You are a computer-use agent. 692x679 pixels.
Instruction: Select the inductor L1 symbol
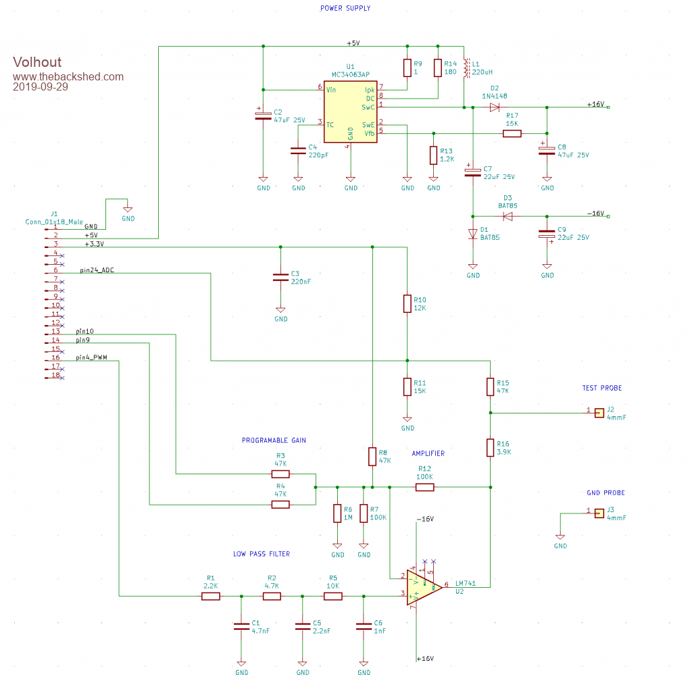(x=464, y=68)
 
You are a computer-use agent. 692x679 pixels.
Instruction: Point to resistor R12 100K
(x=424, y=486)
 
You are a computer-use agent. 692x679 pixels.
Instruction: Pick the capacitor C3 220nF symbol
(x=280, y=278)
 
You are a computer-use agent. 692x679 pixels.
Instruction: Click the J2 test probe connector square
(x=599, y=411)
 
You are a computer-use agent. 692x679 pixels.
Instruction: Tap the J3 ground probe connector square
(x=599, y=513)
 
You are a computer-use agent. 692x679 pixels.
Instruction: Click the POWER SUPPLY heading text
(x=345, y=8)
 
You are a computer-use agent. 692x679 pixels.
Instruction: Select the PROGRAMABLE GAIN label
(x=274, y=441)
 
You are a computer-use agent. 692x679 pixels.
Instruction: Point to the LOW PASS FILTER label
(x=262, y=554)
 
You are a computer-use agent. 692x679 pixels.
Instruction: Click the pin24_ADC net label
(x=97, y=270)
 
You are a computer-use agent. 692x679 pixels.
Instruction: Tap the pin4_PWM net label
(x=91, y=357)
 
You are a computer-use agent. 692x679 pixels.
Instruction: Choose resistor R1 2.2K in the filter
(x=211, y=596)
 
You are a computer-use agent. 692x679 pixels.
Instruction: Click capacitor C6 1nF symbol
(x=364, y=626)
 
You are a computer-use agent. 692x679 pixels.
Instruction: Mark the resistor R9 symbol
(x=407, y=68)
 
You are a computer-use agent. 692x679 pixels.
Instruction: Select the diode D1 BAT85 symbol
(x=473, y=234)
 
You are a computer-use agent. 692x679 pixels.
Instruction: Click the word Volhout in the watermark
(x=36, y=63)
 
